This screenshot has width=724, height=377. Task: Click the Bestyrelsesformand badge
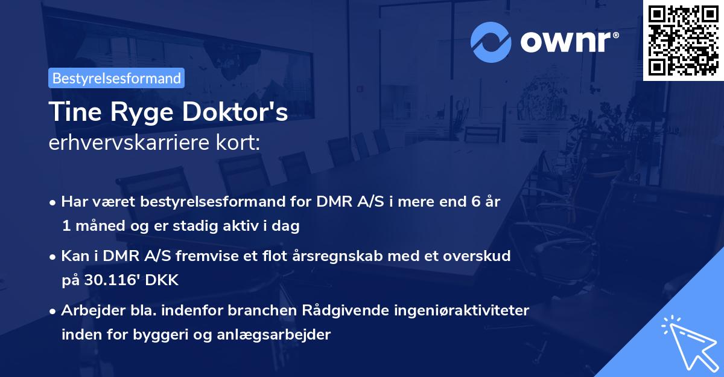[x=116, y=78]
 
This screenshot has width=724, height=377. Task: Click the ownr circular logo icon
[x=491, y=42]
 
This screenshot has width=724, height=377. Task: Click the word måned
[x=98, y=227]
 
